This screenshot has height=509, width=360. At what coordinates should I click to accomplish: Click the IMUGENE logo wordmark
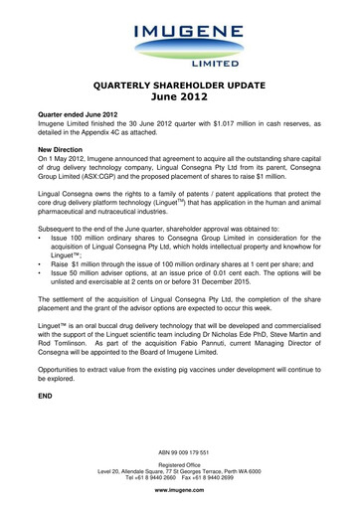click(x=180, y=39)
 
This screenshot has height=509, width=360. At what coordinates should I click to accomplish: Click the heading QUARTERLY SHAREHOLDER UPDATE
click(x=180, y=85)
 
